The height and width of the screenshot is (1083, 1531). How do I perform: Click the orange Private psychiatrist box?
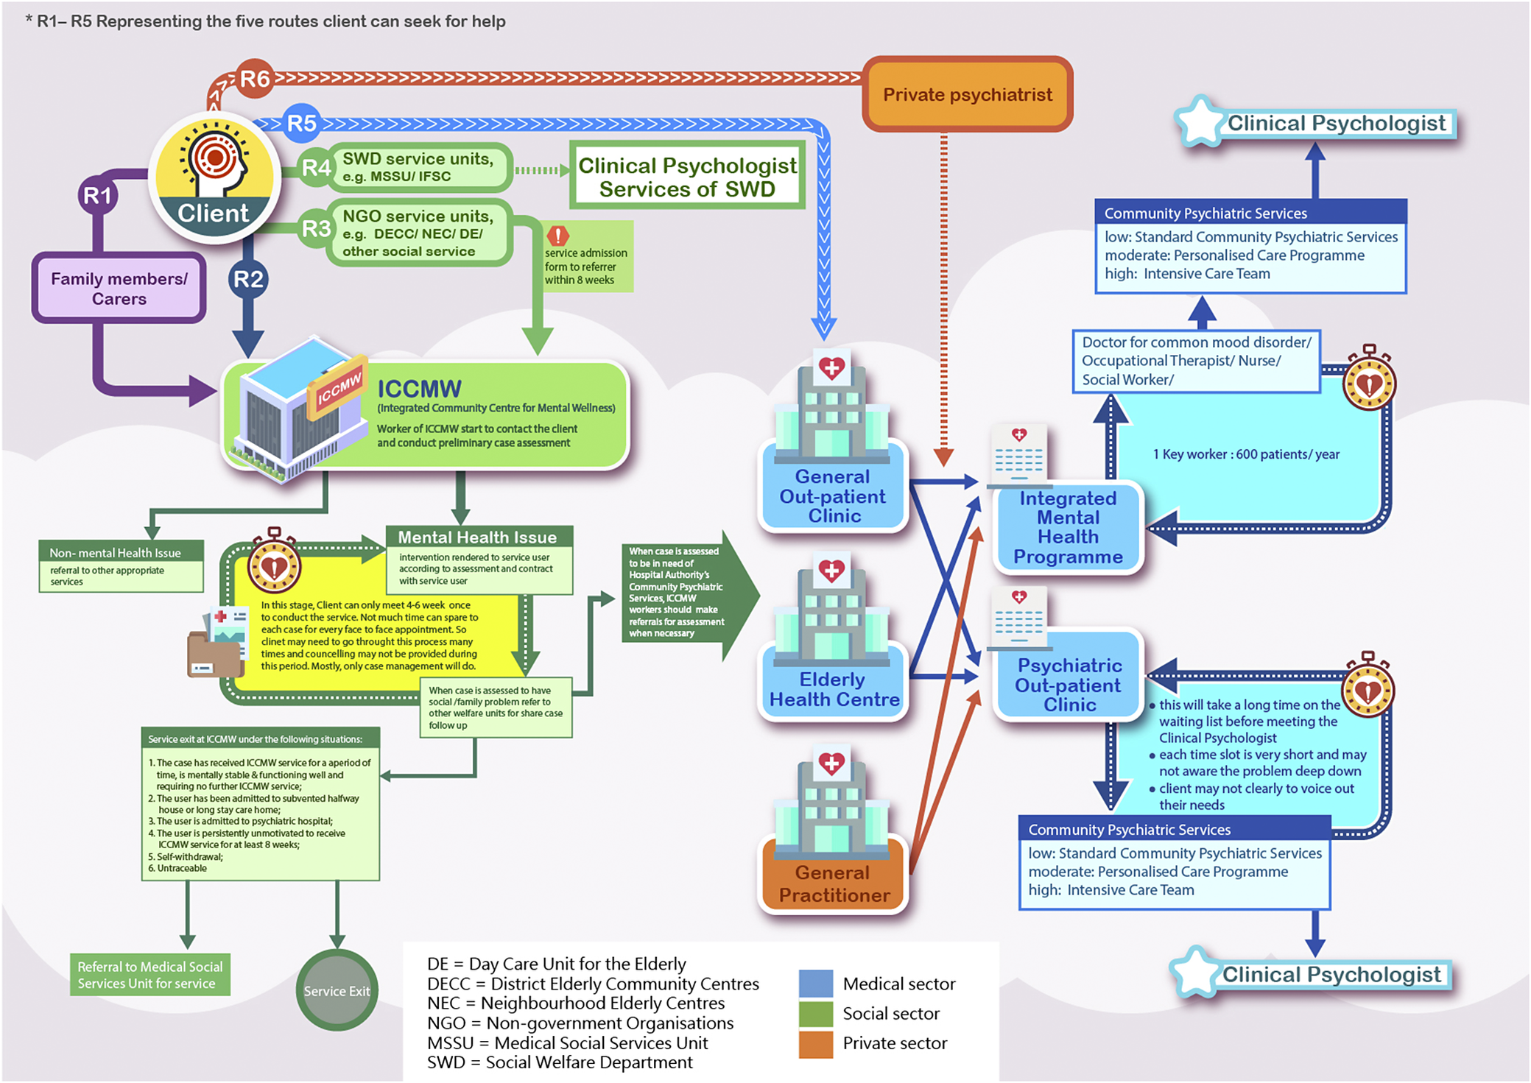(967, 94)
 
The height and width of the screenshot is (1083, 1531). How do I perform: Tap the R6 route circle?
(255, 78)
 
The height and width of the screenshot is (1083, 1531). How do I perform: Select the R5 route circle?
(301, 122)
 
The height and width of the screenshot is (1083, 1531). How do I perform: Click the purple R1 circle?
(97, 196)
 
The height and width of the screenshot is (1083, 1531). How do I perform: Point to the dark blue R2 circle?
(248, 279)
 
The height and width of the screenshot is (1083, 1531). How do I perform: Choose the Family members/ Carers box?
(119, 289)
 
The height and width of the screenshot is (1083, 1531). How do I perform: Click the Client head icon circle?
(214, 177)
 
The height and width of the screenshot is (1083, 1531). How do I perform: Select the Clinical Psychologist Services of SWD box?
(687, 177)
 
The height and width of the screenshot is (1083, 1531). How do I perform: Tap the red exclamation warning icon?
(558, 236)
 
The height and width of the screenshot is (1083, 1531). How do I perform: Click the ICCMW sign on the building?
(338, 387)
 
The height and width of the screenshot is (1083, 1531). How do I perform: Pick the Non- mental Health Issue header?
(121, 552)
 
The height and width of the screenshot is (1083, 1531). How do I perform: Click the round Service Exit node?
(337, 990)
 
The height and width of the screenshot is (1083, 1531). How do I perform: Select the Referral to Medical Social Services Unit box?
(150, 975)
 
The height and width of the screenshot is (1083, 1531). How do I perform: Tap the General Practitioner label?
(834, 883)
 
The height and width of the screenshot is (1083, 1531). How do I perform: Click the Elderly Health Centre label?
(834, 689)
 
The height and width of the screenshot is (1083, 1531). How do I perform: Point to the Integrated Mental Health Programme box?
(1068, 527)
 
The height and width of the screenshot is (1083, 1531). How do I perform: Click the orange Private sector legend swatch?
(816, 1043)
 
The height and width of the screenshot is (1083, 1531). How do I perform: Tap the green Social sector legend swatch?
(816, 1014)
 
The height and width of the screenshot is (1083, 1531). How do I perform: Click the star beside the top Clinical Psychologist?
(1200, 122)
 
